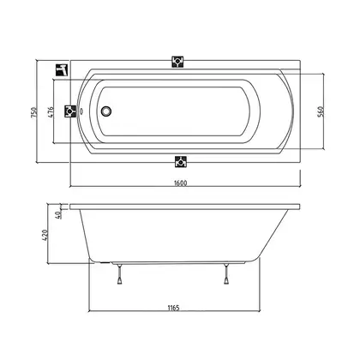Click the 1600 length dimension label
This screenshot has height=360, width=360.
pyautogui.click(x=181, y=183)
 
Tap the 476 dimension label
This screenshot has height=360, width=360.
pyautogui.click(x=51, y=112)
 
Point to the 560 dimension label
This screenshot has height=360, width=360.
pyautogui.click(x=321, y=111)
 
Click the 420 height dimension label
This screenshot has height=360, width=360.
pyautogui.click(x=45, y=235)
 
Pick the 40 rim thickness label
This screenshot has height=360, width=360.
pyautogui.click(x=58, y=214)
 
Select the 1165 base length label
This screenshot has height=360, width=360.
pyautogui.click(x=173, y=308)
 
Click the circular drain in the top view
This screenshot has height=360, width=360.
pyautogui.click(x=106, y=111)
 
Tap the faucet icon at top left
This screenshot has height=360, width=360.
pyautogui.click(x=62, y=69)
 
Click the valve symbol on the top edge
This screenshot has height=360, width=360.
pyautogui.click(x=177, y=62)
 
